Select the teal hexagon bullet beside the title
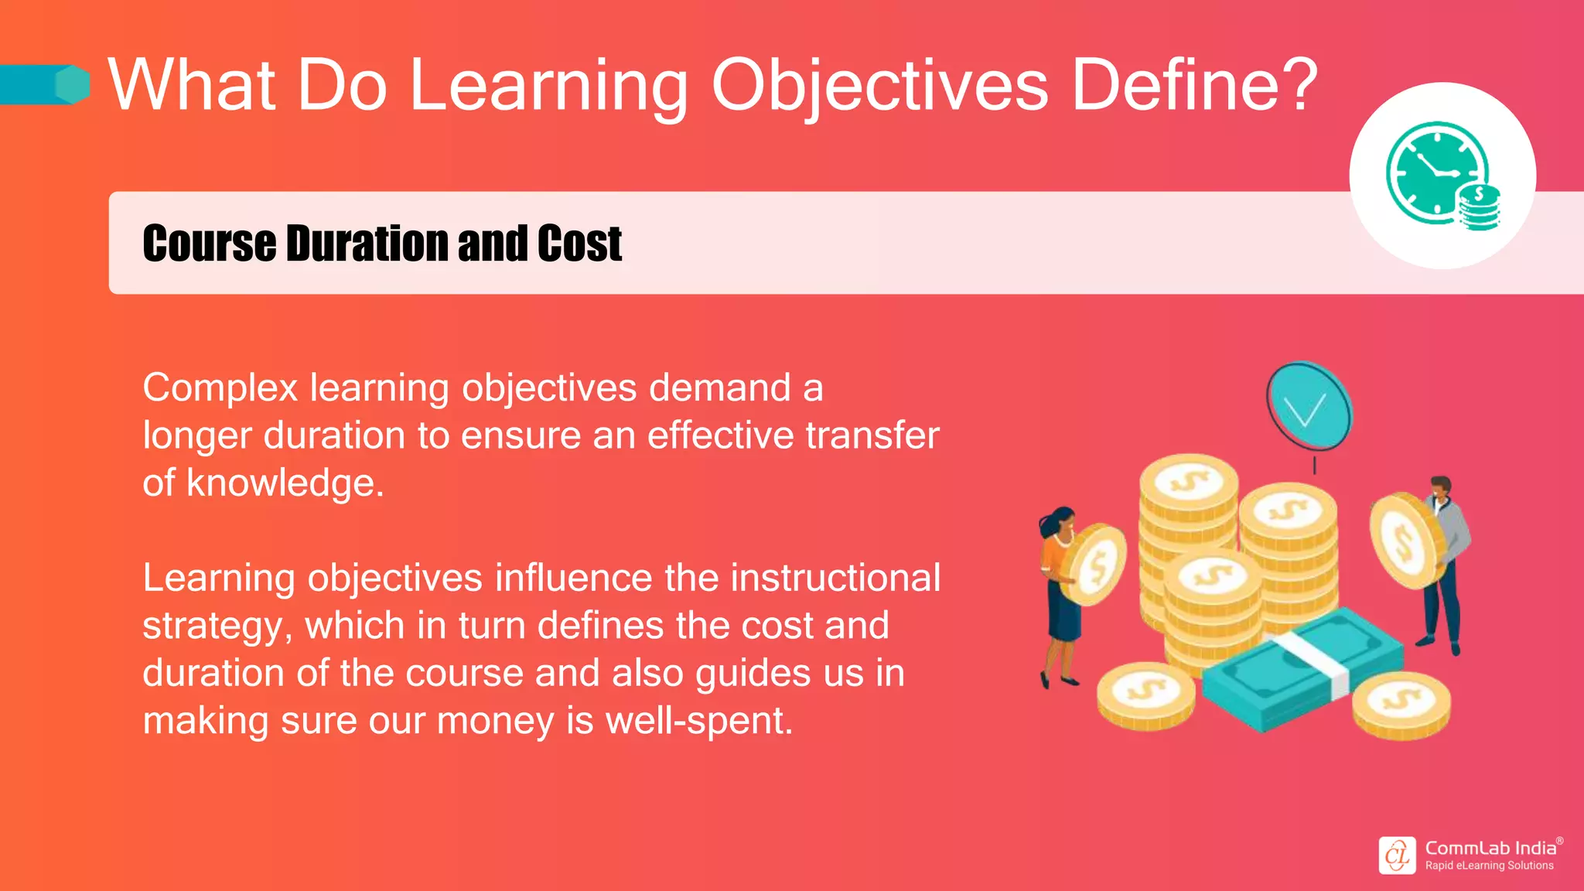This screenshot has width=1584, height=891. click(x=73, y=84)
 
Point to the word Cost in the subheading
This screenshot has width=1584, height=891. click(x=579, y=244)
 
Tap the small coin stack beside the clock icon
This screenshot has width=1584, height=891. click(x=1478, y=209)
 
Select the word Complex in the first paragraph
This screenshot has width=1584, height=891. click(x=220, y=388)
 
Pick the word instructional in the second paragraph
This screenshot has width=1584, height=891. click(x=835, y=578)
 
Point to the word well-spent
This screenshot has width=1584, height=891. click(x=699, y=721)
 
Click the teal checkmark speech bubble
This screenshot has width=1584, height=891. click(x=1308, y=406)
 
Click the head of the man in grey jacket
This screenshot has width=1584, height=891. click(x=1440, y=489)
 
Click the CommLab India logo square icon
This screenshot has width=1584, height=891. click(x=1397, y=855)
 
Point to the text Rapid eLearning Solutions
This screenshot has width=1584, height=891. click(x=1489, y=865)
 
